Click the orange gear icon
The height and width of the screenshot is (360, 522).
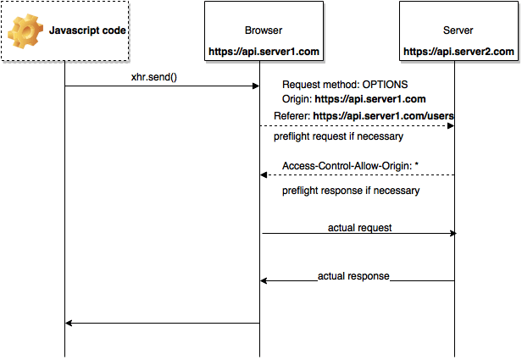pos(25,31)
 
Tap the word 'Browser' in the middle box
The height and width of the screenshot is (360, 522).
pos(264,30)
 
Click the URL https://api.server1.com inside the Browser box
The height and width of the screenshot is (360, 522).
pos(264,52)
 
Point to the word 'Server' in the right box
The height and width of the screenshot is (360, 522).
pos(458,30)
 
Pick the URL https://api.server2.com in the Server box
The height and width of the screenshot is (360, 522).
pos(458,52)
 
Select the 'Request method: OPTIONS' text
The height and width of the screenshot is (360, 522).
pos(345,85)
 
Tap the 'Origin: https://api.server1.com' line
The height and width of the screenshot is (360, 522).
pos(353,99)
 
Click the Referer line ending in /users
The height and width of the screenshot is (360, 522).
pos(364,115)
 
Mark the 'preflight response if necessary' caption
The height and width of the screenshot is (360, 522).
pos(351,191)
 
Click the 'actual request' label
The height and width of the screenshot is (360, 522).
pos(359,228)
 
